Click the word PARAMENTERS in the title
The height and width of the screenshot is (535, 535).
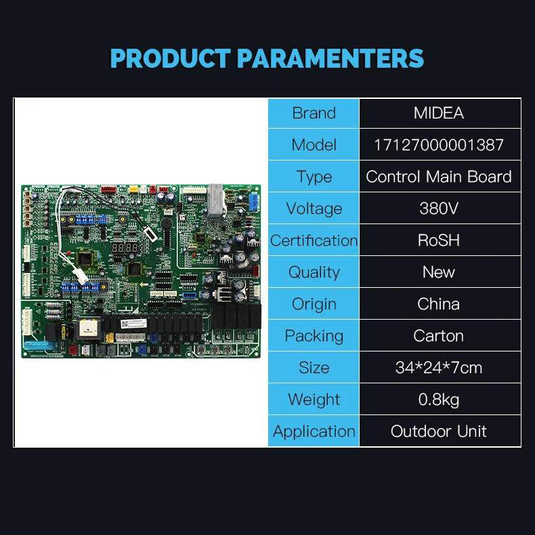331,58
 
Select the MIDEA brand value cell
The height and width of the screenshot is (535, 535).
439,113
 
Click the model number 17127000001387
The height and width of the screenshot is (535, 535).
439,145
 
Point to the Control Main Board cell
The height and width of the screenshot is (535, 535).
439,177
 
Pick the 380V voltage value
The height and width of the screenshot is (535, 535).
439,209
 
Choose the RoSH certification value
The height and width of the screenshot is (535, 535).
439,240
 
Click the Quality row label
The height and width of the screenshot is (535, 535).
314,272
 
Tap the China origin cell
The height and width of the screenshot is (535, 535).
439,304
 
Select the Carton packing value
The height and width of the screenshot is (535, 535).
439,336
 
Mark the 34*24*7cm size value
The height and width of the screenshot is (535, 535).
439,368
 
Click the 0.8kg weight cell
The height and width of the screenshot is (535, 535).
439,400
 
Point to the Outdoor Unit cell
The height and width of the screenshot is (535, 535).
439,431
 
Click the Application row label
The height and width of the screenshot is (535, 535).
314,431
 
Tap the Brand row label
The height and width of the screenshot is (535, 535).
314,113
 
